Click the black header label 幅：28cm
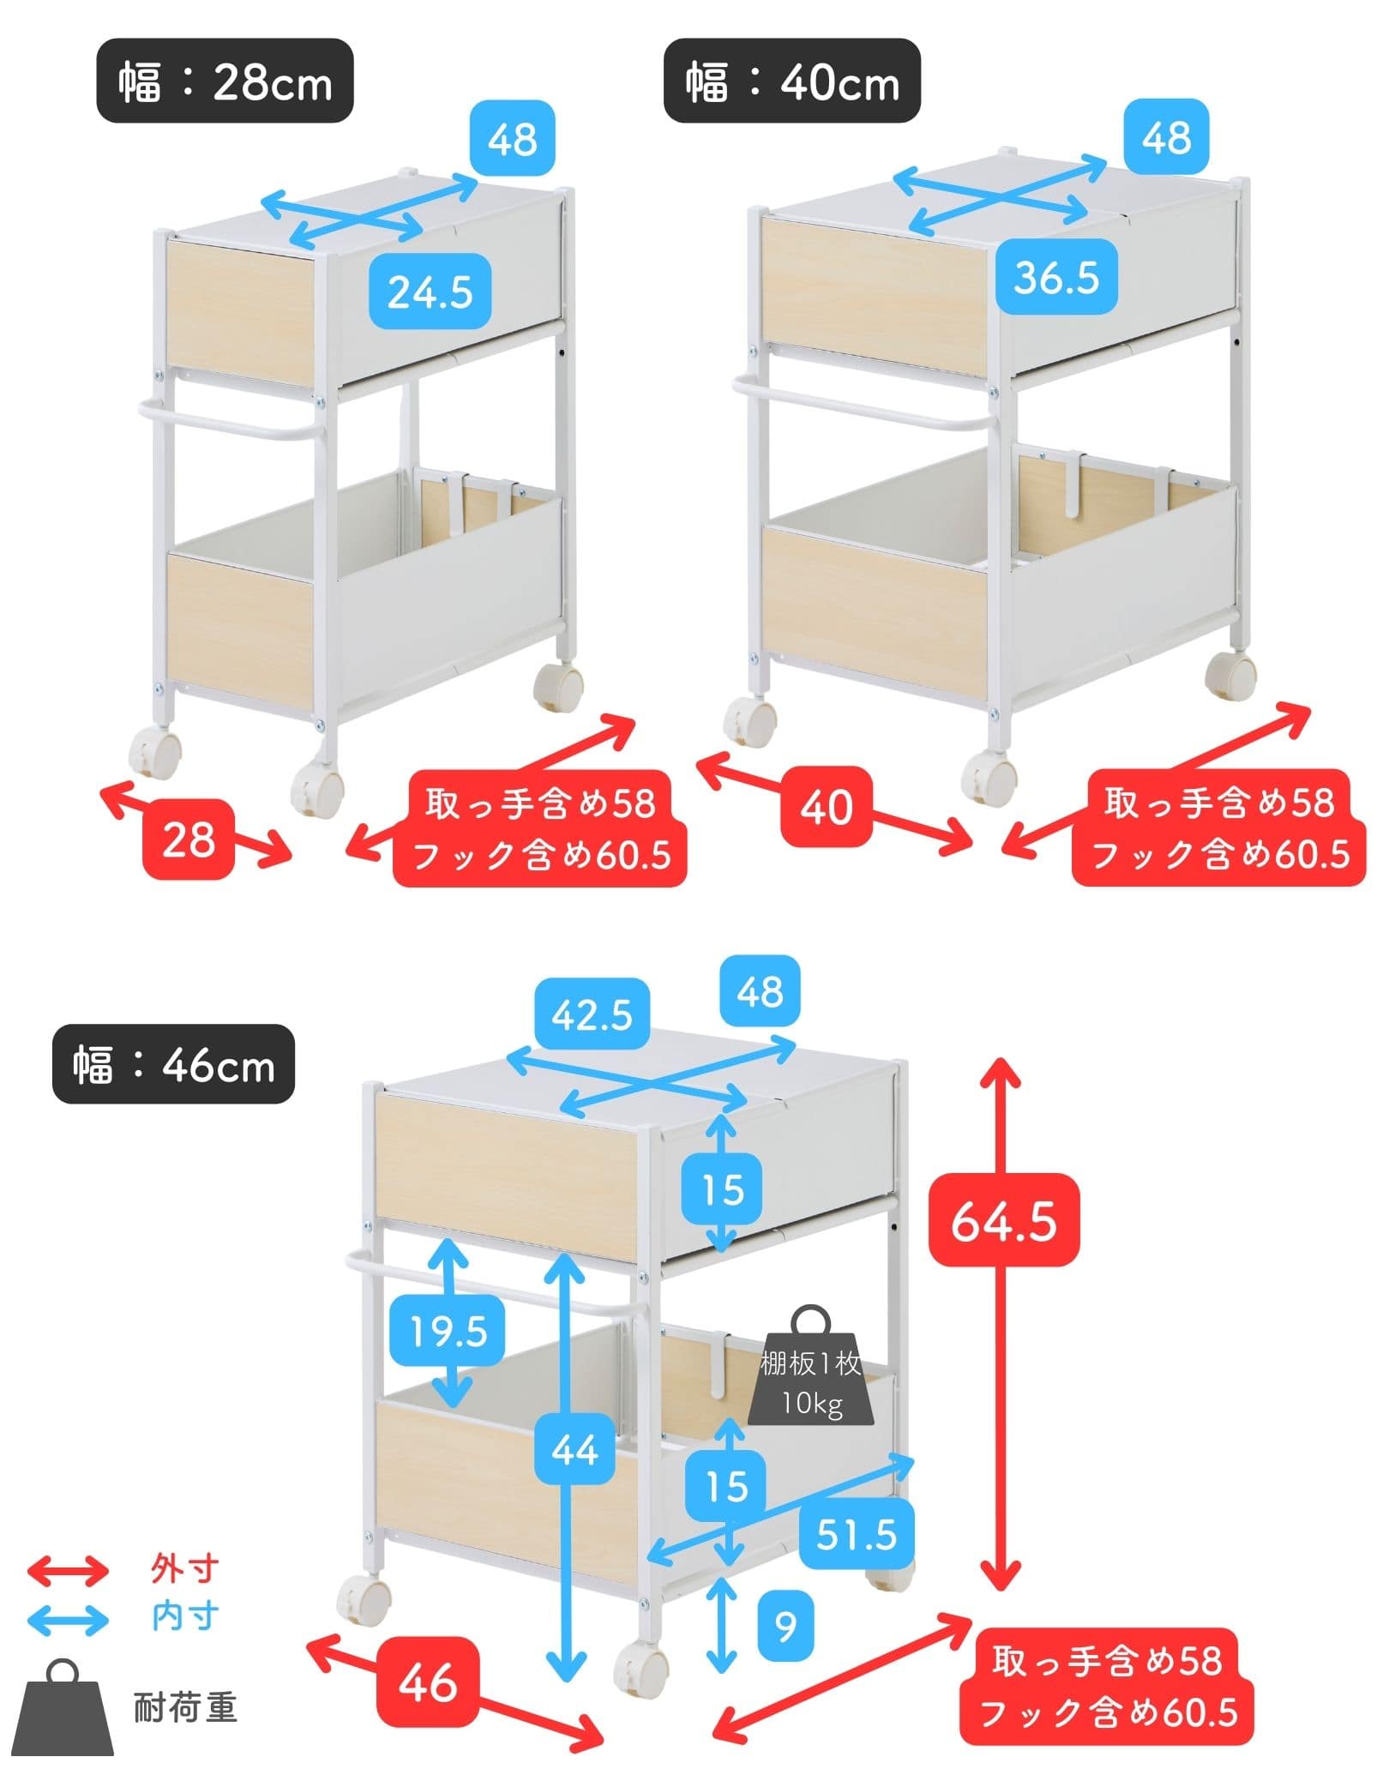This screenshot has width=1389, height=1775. (225, 81)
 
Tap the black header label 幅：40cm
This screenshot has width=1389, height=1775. (791, 81)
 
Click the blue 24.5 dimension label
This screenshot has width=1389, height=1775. (430, 292)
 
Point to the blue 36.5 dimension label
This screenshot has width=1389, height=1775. (1056, 276)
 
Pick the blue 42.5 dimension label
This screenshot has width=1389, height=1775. (591, 1014)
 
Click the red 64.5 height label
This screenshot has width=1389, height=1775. (1004, 1221)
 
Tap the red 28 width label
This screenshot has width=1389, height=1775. (189, 839)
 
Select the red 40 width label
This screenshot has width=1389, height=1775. (826, 806)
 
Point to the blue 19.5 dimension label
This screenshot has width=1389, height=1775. (447, 1331)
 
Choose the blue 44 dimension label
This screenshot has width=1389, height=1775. (574, 1450)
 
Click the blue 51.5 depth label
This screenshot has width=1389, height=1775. (856, 1533)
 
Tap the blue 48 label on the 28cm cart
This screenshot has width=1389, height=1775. (513, 139)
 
